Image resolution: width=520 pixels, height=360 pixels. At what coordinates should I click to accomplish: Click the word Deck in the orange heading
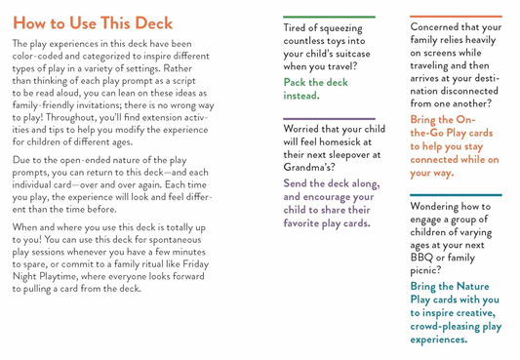tap(147, 22)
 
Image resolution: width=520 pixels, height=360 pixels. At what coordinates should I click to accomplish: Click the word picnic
tap(428, 270)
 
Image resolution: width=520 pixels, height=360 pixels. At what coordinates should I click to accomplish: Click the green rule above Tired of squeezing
tap(329, 18)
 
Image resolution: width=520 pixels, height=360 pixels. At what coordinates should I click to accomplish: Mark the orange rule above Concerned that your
tap(456, 18)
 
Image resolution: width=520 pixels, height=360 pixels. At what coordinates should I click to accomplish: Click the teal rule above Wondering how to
tap(456, 195)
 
